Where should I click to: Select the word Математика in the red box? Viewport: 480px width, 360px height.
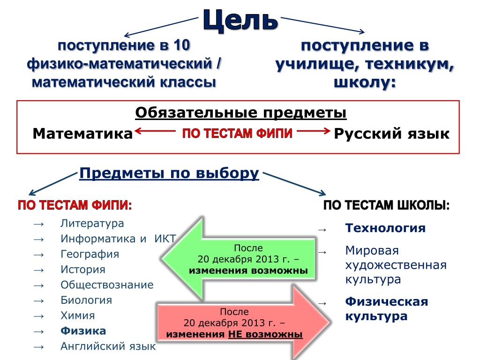click(82, 134)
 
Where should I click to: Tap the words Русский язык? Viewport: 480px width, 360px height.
click(391, 134)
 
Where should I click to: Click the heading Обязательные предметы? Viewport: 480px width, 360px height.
click(241, 113)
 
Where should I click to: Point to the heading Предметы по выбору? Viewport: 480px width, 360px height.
click(169, 173)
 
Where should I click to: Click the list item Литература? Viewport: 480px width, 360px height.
click(92, 223)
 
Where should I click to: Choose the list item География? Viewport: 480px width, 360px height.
click(90, 254)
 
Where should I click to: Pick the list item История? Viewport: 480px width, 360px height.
click(82, 270)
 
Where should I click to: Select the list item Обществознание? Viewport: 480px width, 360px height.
click(107, 285)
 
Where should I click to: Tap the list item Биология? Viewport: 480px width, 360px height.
click(86, 300)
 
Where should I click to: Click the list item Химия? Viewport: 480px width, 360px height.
click(77, 315)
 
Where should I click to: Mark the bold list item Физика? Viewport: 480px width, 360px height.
click(83, 331)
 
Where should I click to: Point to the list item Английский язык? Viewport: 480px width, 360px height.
click(108, 346)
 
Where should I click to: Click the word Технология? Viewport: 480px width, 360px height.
click(385, 228)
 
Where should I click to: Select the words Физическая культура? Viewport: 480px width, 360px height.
click(387, 308)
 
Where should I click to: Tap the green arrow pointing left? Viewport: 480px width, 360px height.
click(239, 259)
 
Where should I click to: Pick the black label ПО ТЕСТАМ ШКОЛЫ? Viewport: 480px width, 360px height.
click(386, 206)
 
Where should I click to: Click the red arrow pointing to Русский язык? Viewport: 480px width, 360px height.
click(314, 132)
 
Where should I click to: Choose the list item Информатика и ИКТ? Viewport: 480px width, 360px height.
click(118, 239)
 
